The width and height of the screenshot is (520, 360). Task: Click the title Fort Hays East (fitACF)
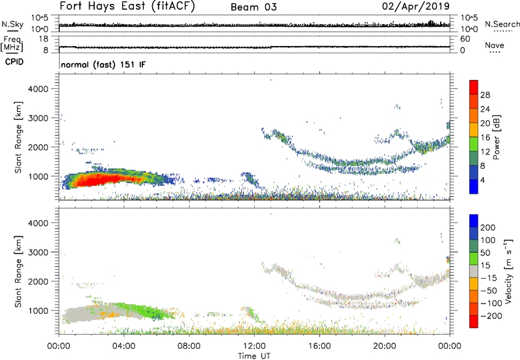pos(127,7)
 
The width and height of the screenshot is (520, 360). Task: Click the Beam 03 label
pos(253,8)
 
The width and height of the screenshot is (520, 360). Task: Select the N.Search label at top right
pos(502,23)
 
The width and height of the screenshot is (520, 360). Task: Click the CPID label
pos(15,62)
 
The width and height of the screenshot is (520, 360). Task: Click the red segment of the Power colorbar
pos(473,94)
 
